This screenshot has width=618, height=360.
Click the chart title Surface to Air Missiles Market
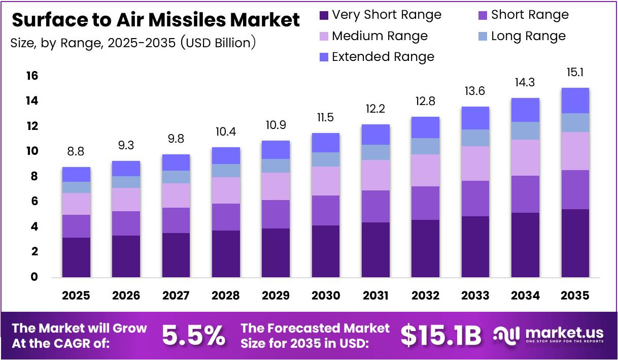coord(155,20)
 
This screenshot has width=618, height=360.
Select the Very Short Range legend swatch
coord(324,15)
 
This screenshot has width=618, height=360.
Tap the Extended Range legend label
coord(383,57)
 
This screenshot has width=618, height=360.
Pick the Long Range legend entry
coord(528,36)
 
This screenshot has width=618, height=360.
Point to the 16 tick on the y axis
coord(31,76)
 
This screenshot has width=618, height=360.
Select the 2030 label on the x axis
coord(325,296)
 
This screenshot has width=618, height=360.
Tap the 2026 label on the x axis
coord(126,296)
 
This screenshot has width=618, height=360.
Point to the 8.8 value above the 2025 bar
coord(76,151)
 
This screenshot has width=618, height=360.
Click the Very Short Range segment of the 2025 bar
coord(76,257)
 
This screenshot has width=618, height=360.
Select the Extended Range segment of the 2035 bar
coord(575,101)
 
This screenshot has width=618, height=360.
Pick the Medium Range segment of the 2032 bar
coord(425,170)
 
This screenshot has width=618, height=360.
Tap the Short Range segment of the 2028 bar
coord(226,217)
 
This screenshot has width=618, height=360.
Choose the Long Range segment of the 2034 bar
coord(525,130)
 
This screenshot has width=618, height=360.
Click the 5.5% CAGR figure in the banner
coord(193,335)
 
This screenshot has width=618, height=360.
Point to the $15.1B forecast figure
coord(440,335)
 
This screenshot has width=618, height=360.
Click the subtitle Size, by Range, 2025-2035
coord(133,43)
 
